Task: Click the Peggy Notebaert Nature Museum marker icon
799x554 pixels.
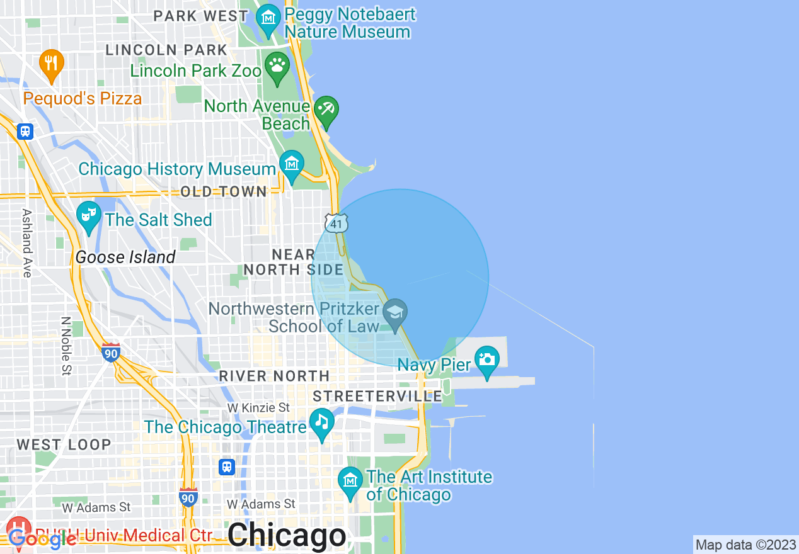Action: [269, 17]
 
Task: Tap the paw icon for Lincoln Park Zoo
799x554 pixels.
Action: [277, 65]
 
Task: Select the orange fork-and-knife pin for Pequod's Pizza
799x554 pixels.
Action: [52, 64]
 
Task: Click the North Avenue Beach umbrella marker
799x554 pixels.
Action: [326, 111]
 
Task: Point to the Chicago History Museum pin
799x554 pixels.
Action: [291, 165]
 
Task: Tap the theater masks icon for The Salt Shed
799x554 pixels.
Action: [88, 215]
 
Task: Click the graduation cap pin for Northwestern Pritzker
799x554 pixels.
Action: [395, 313]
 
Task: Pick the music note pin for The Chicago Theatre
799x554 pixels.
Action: [322, 422]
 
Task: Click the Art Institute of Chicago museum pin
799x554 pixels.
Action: [350, 481]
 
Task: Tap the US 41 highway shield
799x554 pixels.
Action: [336, 223]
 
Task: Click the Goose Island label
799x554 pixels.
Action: [125, 257]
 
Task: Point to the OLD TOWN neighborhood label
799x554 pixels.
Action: [223, 191]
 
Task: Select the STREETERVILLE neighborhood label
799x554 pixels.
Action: [377, 396]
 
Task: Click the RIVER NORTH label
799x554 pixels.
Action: [274, 376]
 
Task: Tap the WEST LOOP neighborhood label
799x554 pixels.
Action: [64, 444]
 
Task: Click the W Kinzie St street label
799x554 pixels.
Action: [258, 408]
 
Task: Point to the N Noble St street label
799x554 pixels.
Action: [66, 346]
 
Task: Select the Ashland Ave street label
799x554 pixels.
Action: [26, 243]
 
